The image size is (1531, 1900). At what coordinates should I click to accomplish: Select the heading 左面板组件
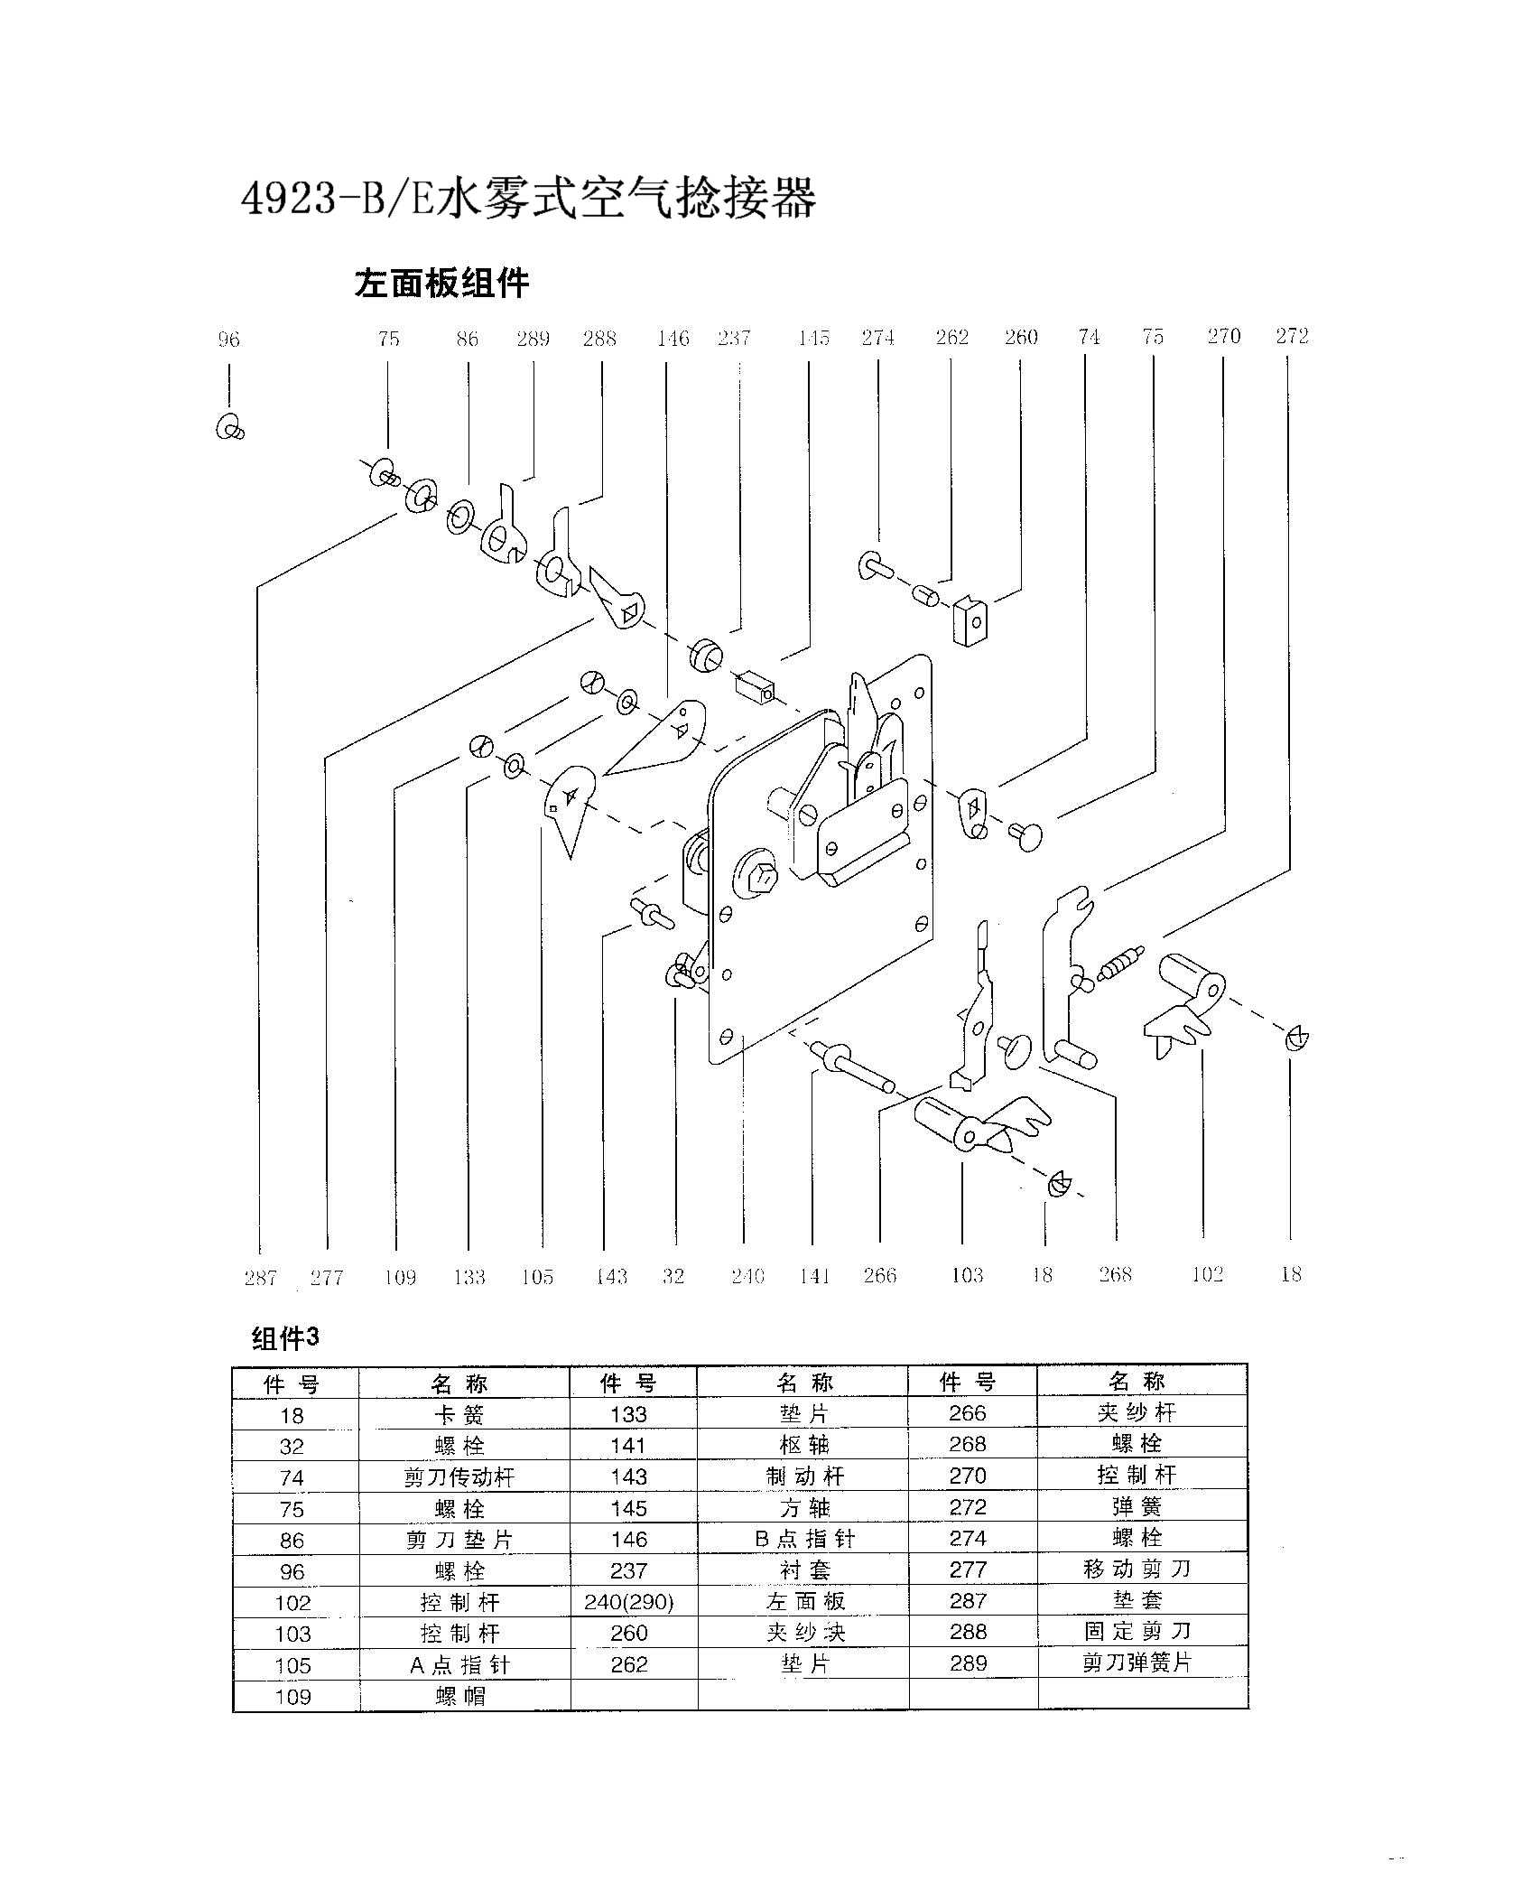coord(441,284)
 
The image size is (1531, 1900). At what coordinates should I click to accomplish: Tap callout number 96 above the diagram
coord(229,340)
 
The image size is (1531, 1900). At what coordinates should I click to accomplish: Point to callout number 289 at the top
coord(534,339)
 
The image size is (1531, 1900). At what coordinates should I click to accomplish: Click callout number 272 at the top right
coord(1292,336)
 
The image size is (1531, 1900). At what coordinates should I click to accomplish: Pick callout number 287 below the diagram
coord(260,1278)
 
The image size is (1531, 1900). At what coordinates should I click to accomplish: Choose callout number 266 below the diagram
coord(879,1275)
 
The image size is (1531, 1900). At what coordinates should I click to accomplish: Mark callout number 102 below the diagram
coord(1207,1274)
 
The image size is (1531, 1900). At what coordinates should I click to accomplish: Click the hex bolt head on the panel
coord(762,875)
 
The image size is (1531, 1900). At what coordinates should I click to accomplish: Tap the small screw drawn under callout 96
coord(230,427)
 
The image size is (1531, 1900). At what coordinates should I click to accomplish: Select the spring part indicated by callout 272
coord(1121,964)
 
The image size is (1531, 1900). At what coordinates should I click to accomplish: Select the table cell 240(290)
coord(629,1603)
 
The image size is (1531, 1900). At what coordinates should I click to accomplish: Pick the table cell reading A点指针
coord(459,1665)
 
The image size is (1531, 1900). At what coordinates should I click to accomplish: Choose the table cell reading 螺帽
coord(459,1697)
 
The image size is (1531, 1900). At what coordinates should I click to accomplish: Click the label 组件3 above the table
coord(285,1338)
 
